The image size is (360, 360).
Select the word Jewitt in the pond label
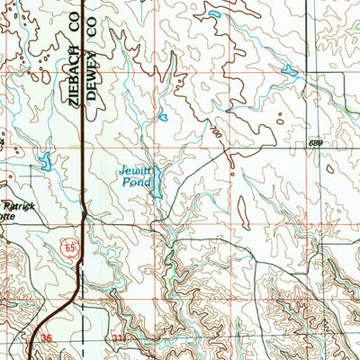point(134,169)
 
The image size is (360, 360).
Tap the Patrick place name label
point(18,207)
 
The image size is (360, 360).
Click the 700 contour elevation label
point(217,132)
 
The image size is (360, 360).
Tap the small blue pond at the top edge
point(214,15)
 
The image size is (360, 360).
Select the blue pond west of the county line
point(43,163)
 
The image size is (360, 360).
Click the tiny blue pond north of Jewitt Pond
point(163,117)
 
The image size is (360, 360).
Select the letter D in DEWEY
point(90,102)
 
